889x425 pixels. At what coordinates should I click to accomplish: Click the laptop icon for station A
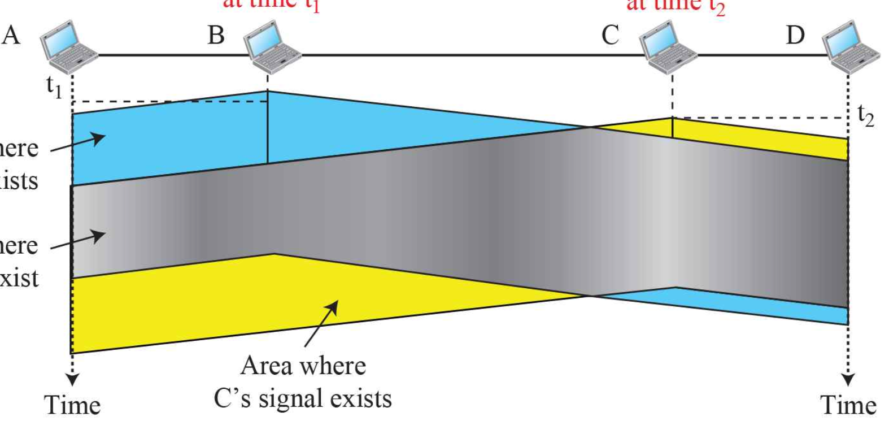click(x=68, y=46)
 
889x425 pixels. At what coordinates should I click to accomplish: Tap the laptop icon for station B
click(x=272, y=46)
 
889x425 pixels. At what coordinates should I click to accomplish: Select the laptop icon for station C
click(x=668, y=46)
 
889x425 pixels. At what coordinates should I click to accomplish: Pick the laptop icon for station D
click(x=851, y=46)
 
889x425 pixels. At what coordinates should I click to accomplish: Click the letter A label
click(x=11, y=35)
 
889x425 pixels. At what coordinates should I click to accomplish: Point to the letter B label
click(x=216, y=35)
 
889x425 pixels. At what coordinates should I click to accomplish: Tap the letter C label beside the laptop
click(x=610, y=35)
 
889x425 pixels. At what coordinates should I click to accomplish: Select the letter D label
click(x=795, y=35)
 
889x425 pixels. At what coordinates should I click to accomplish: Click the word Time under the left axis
click(x=72, y=405)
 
